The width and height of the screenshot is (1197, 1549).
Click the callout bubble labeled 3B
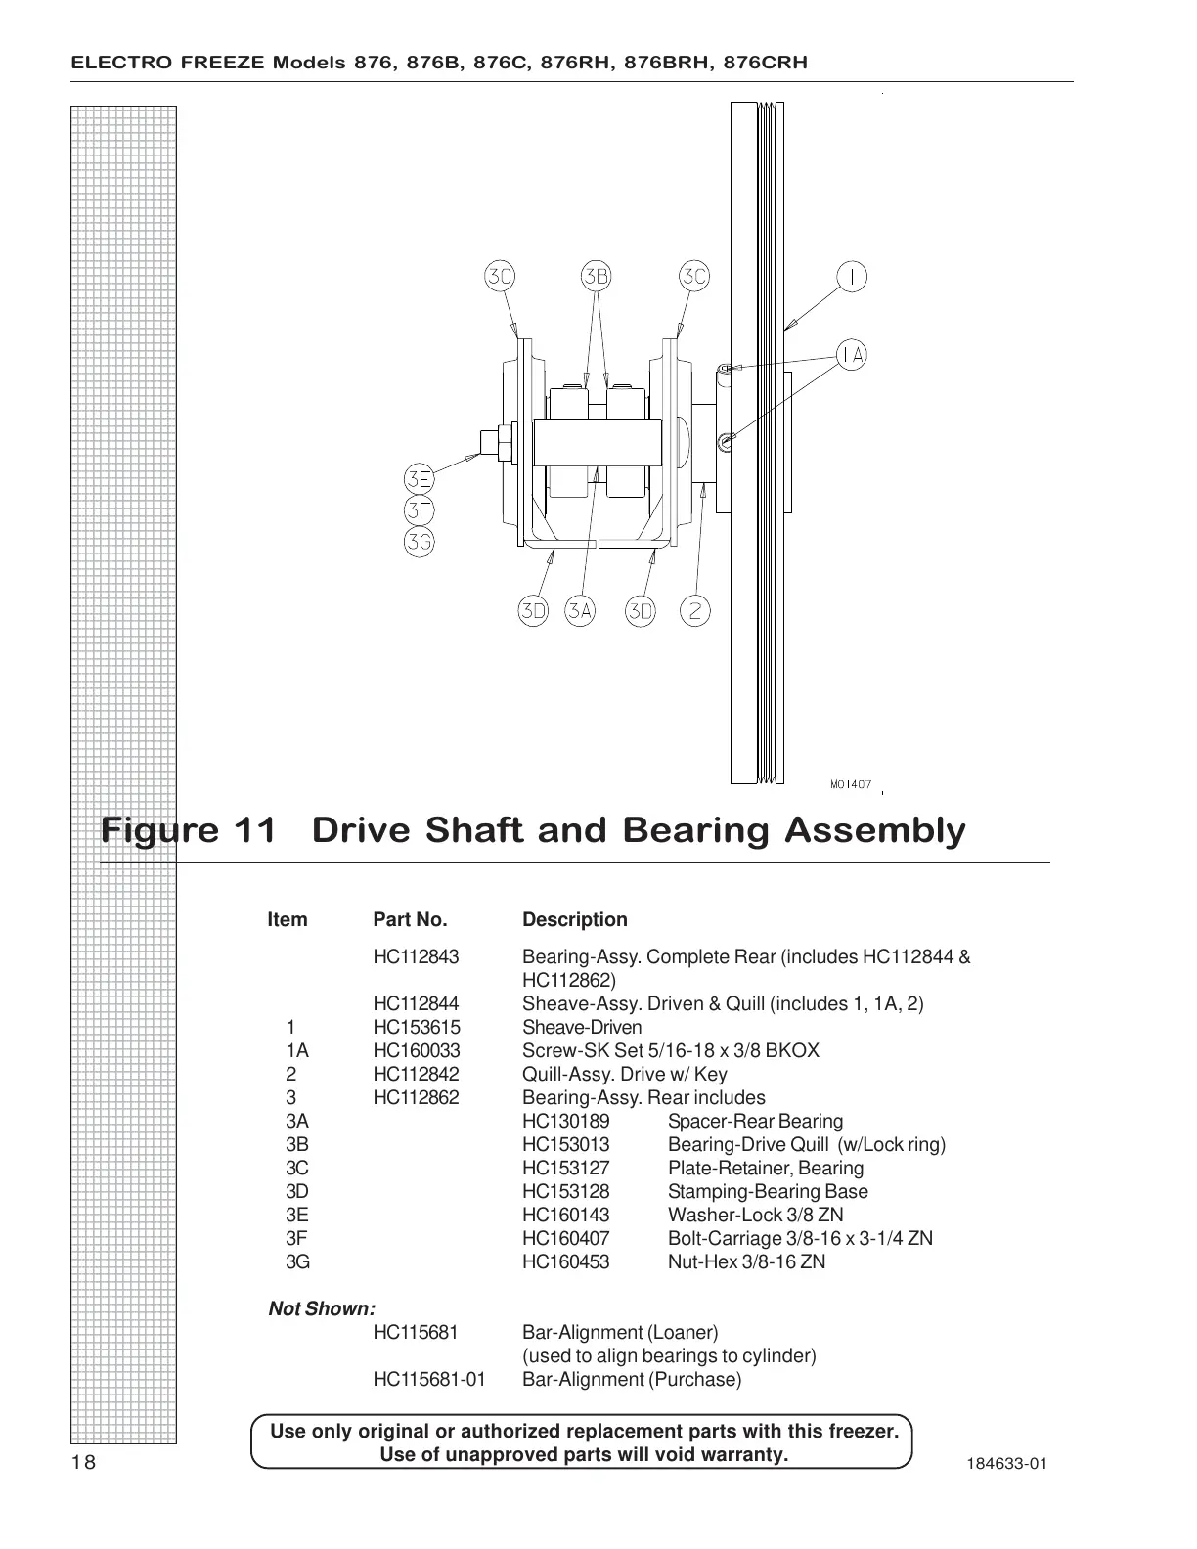coord(596,277)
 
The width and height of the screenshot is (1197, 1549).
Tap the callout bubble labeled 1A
coord(852,354)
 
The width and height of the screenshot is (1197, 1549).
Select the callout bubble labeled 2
coord(695,611)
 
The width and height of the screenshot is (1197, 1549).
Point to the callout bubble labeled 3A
coord(580,611)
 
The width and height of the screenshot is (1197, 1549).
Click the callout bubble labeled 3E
coord(420,479)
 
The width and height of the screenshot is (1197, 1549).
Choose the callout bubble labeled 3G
coord(420,542)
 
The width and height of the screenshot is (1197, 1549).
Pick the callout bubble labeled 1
coord(852,277)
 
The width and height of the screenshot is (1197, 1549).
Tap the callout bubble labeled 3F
coord(420,510)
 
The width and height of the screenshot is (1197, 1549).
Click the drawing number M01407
coord(851,784)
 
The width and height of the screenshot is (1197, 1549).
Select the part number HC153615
coord(417,1028)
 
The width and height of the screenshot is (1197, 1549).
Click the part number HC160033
coord(417,1051)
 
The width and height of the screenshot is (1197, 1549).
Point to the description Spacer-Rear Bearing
coord(755,1122)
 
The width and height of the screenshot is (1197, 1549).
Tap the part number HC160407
coord(565,1239)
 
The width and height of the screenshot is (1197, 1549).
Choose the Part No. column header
coord(410,920)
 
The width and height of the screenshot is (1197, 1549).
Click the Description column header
coord(575,920)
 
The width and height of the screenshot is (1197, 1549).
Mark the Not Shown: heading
coord(322,1309)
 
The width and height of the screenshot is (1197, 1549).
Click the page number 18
coord(84,1462)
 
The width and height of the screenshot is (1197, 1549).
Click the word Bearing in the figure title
coord(695,831)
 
